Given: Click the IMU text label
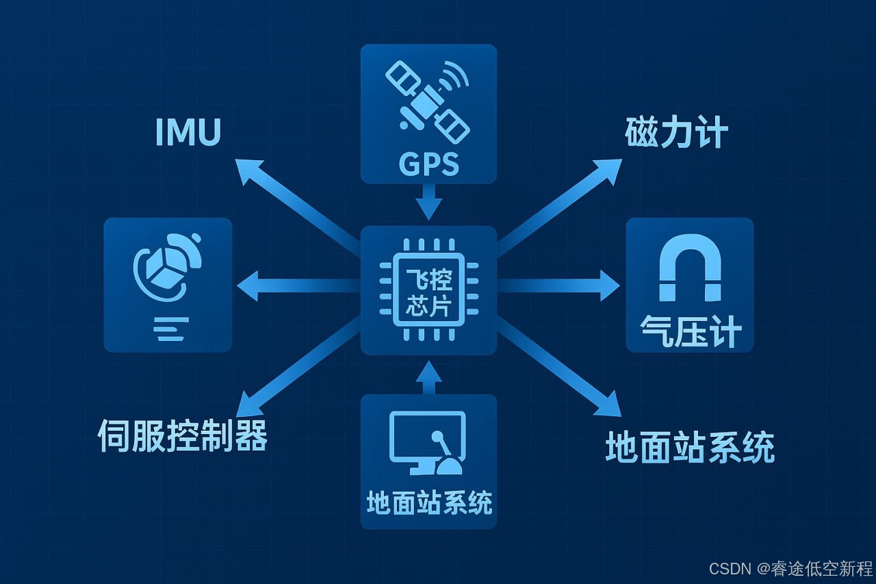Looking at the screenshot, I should pos(188,132).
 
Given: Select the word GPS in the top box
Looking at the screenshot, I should pos(428,164).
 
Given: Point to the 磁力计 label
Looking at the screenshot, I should pos(676,133).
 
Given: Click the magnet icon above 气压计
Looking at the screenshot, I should pos(689,267).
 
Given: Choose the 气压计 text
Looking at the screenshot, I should pos(690,332).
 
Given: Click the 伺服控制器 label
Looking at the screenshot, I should pos(182,435).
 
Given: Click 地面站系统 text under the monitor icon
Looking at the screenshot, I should pos(428,503).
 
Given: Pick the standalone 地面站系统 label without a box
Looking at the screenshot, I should pos(690,447).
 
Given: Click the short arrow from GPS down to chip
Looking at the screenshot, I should pos(428,202).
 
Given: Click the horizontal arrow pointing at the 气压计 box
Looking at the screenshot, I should pos(561,285).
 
